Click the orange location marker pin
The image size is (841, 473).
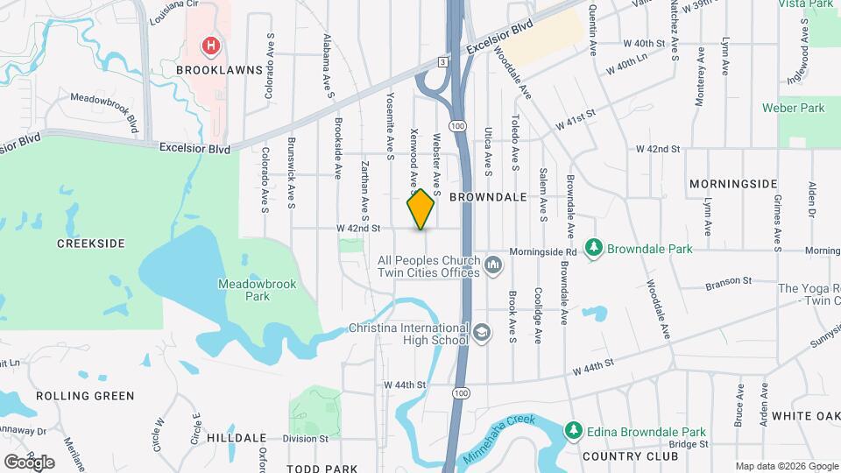(x=420, y=208)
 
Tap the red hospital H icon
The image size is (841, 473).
(x=210, y=45)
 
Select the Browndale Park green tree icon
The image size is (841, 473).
(x=595, y=248)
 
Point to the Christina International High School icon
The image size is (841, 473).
(x=481, y=332)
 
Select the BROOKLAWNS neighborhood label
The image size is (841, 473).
(x=219, y=68)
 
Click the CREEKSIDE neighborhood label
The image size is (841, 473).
(x=91, y=243)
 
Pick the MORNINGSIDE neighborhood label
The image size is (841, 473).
(x=733, y=184)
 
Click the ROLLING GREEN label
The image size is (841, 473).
(x=85, y=396)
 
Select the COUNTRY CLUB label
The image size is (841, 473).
(x=630, y=456)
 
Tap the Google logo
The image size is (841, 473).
(x=29, y=462)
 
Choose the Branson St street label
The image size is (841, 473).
(x=729, y=282)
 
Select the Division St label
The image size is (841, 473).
(x=305, y=438)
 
